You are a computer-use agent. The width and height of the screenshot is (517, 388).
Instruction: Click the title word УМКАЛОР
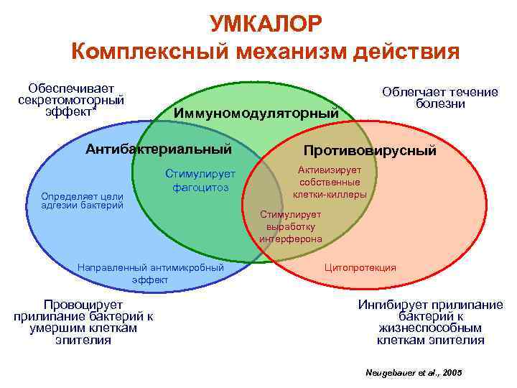coord(266,24)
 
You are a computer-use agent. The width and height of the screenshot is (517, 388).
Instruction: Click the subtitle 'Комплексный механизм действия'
coord(265,52)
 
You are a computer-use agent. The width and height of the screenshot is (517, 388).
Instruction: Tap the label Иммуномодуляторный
coord(256,113)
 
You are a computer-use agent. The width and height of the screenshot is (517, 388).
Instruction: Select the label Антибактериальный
coord(159,149)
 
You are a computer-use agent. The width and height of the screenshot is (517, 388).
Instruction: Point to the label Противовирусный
coord(370,151)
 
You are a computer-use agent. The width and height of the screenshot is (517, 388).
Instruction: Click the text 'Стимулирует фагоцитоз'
coord(200,180)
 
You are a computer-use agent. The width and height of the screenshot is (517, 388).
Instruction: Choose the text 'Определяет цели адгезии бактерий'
coord(82,200)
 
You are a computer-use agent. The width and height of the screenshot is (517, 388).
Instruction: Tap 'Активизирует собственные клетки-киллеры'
coord(330,182)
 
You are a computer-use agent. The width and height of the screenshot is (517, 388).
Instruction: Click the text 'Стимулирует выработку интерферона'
coord(291,226)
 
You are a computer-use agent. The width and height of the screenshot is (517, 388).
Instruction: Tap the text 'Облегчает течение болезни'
coord(439,98)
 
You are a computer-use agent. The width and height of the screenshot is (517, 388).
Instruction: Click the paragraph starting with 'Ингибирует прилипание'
coord(430,322)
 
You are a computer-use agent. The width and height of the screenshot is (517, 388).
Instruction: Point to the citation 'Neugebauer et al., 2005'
coord(414,373)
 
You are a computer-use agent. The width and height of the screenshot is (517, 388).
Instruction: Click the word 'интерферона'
coord(291,239)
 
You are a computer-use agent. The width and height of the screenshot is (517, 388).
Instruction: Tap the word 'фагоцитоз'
coord(200,187)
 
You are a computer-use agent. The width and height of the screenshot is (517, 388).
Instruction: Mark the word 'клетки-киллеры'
coord(330,194)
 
